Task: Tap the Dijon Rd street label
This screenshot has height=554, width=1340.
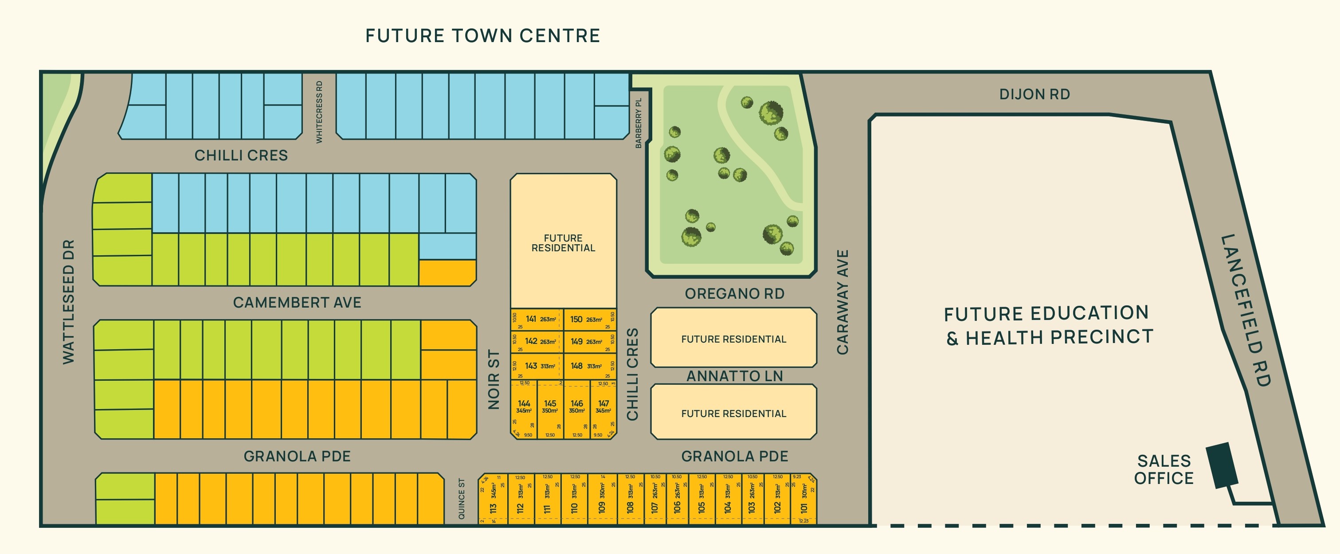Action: (1034, 94)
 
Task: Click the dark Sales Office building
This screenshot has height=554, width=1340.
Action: (1222, 465)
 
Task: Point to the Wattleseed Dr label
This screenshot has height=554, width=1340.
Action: (69, 302)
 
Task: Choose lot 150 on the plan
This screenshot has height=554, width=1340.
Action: (582, 319)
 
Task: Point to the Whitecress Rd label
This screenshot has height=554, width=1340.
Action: (319, 112)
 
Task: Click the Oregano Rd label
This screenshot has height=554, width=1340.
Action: (734, 294)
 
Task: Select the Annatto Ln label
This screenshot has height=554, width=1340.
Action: (734, 376)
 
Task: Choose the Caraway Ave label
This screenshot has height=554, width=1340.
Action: (842, 302)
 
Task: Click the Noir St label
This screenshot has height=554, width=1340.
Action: (494, 379)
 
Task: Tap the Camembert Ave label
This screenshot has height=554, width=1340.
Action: (297, 302)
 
